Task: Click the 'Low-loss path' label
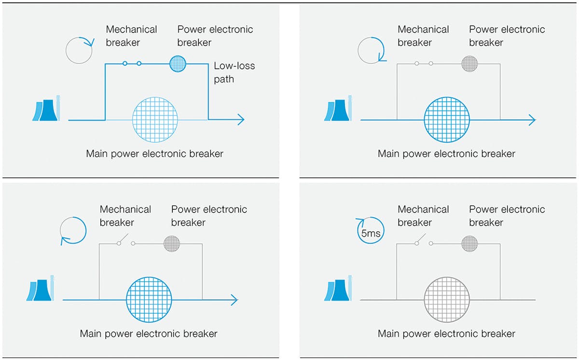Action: (x=234, y=72)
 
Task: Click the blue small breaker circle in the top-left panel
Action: (x=178, y=64)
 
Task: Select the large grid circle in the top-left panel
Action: (x=155, y=120)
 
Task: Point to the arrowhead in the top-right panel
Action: (x=532, y=120)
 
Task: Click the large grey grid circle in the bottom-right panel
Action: (x=447, y=300)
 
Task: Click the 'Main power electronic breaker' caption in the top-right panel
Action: (x=447, y=154)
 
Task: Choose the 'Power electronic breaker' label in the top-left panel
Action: (x=215, y=36)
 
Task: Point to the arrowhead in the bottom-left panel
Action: (x=234, y=300)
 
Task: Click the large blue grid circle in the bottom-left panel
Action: (x=149, y=300)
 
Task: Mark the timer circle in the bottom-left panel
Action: (x=73, y=230)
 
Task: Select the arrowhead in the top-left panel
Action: (x=240, y=120)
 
